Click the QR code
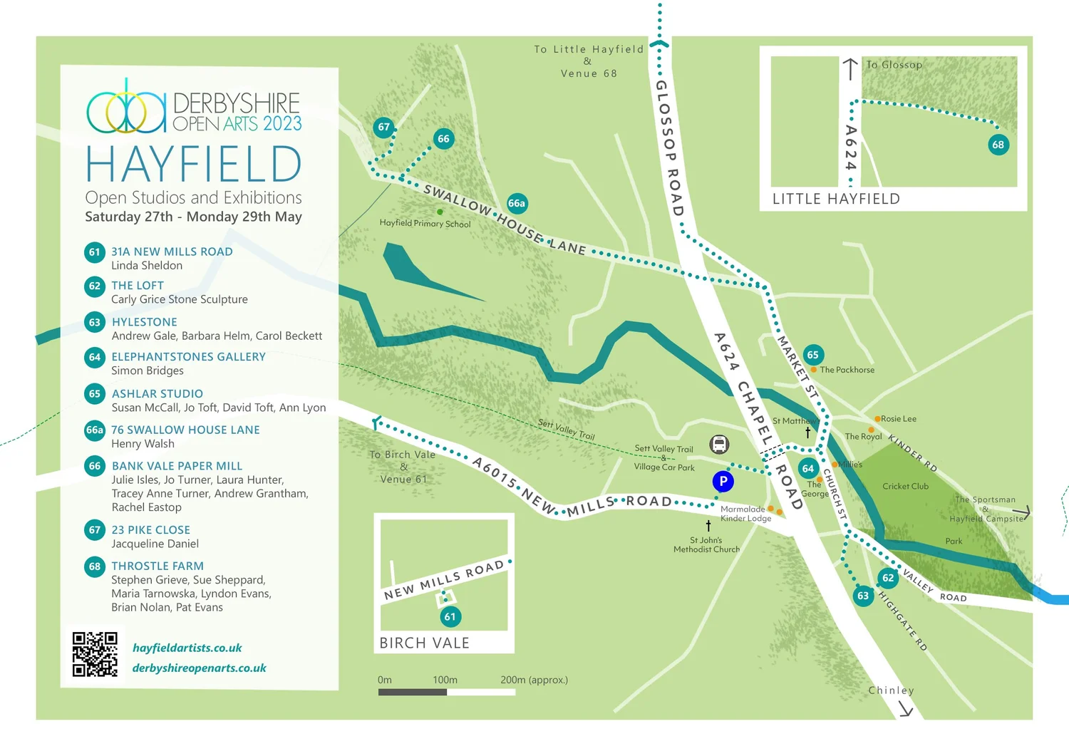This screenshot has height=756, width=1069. [x=95, y=654]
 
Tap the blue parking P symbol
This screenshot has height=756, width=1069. [x=723, y=482]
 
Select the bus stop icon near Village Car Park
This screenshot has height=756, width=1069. [x=719, y=445]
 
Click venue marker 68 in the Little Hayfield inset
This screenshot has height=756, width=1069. [x=998, y=145]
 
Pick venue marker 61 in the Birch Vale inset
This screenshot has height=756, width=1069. [x=450, y=616]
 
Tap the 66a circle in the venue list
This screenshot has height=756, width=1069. [x=95, y=430]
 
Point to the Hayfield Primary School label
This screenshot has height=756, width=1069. [x=425, y=223]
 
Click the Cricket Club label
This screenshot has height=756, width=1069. [x=905, y=487]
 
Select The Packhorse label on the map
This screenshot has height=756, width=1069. [x=847, y=370]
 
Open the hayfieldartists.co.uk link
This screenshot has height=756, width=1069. [x=187, y=648]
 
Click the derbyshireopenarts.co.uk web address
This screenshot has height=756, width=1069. [x=199, y=668]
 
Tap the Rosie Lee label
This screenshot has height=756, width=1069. [x=898, y=419]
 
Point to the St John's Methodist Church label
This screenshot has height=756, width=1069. [x=706, y=545]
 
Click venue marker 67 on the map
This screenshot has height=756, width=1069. [x=384, y=128]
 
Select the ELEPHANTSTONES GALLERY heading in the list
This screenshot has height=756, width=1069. [x=188, y=356]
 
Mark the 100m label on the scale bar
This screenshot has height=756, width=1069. [x=445, y=680]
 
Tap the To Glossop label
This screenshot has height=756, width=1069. [x=894, y=65]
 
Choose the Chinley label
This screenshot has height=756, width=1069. [x=891, y=690]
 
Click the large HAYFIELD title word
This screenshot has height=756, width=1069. [x=194, y=165]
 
